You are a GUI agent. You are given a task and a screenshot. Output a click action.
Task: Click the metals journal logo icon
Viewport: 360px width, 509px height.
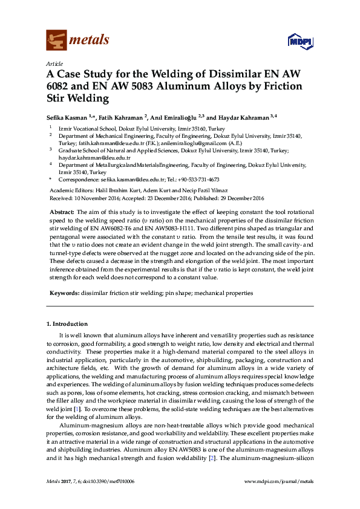point(56,41)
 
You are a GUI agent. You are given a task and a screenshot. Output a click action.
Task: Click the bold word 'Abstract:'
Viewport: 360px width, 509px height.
point(61,213)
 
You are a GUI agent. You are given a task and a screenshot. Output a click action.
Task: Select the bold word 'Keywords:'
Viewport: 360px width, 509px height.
point(64,293)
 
